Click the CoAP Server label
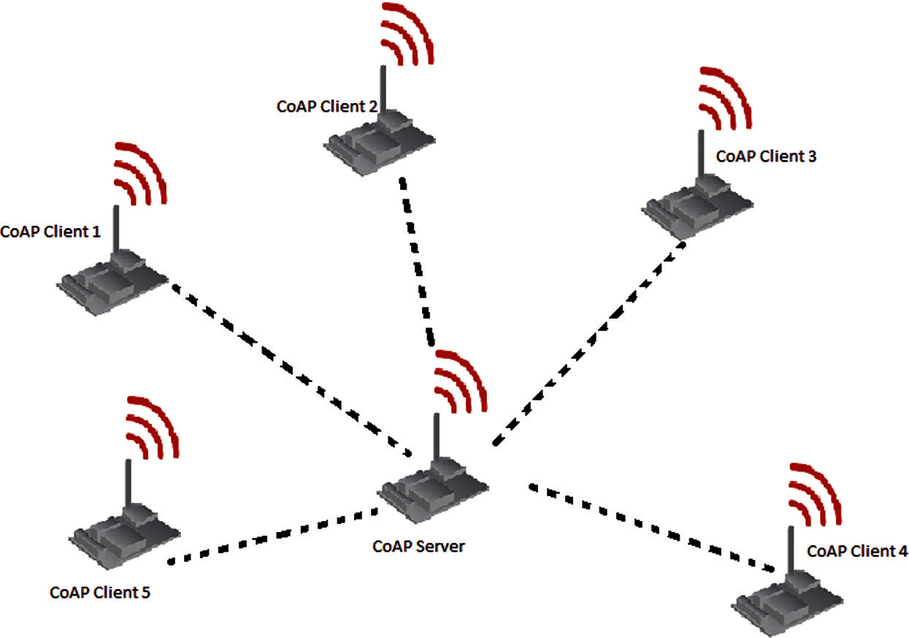[418, 546]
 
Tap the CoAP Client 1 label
[50, 232]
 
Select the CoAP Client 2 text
[327, 106]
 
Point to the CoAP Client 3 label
[766, 156]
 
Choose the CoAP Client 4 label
[857, 551]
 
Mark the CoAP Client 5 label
[100, 592]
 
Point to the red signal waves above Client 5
[152, 428]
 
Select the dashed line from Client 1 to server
[292, 365]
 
